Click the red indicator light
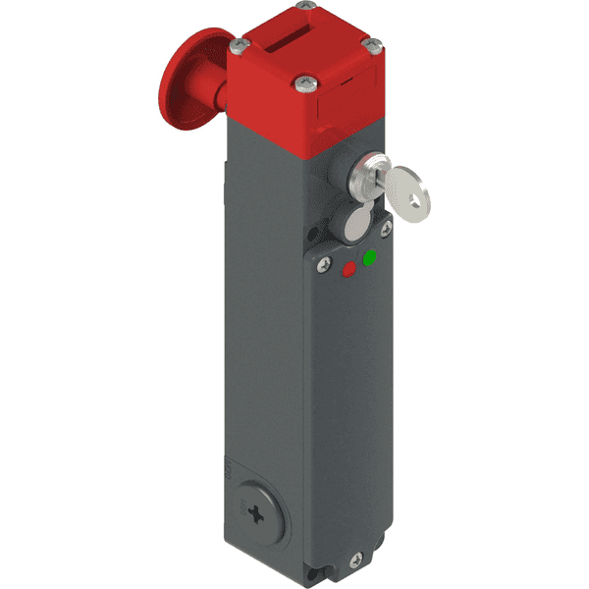(x=350, y=268)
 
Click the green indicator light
(x=370, y=258)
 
